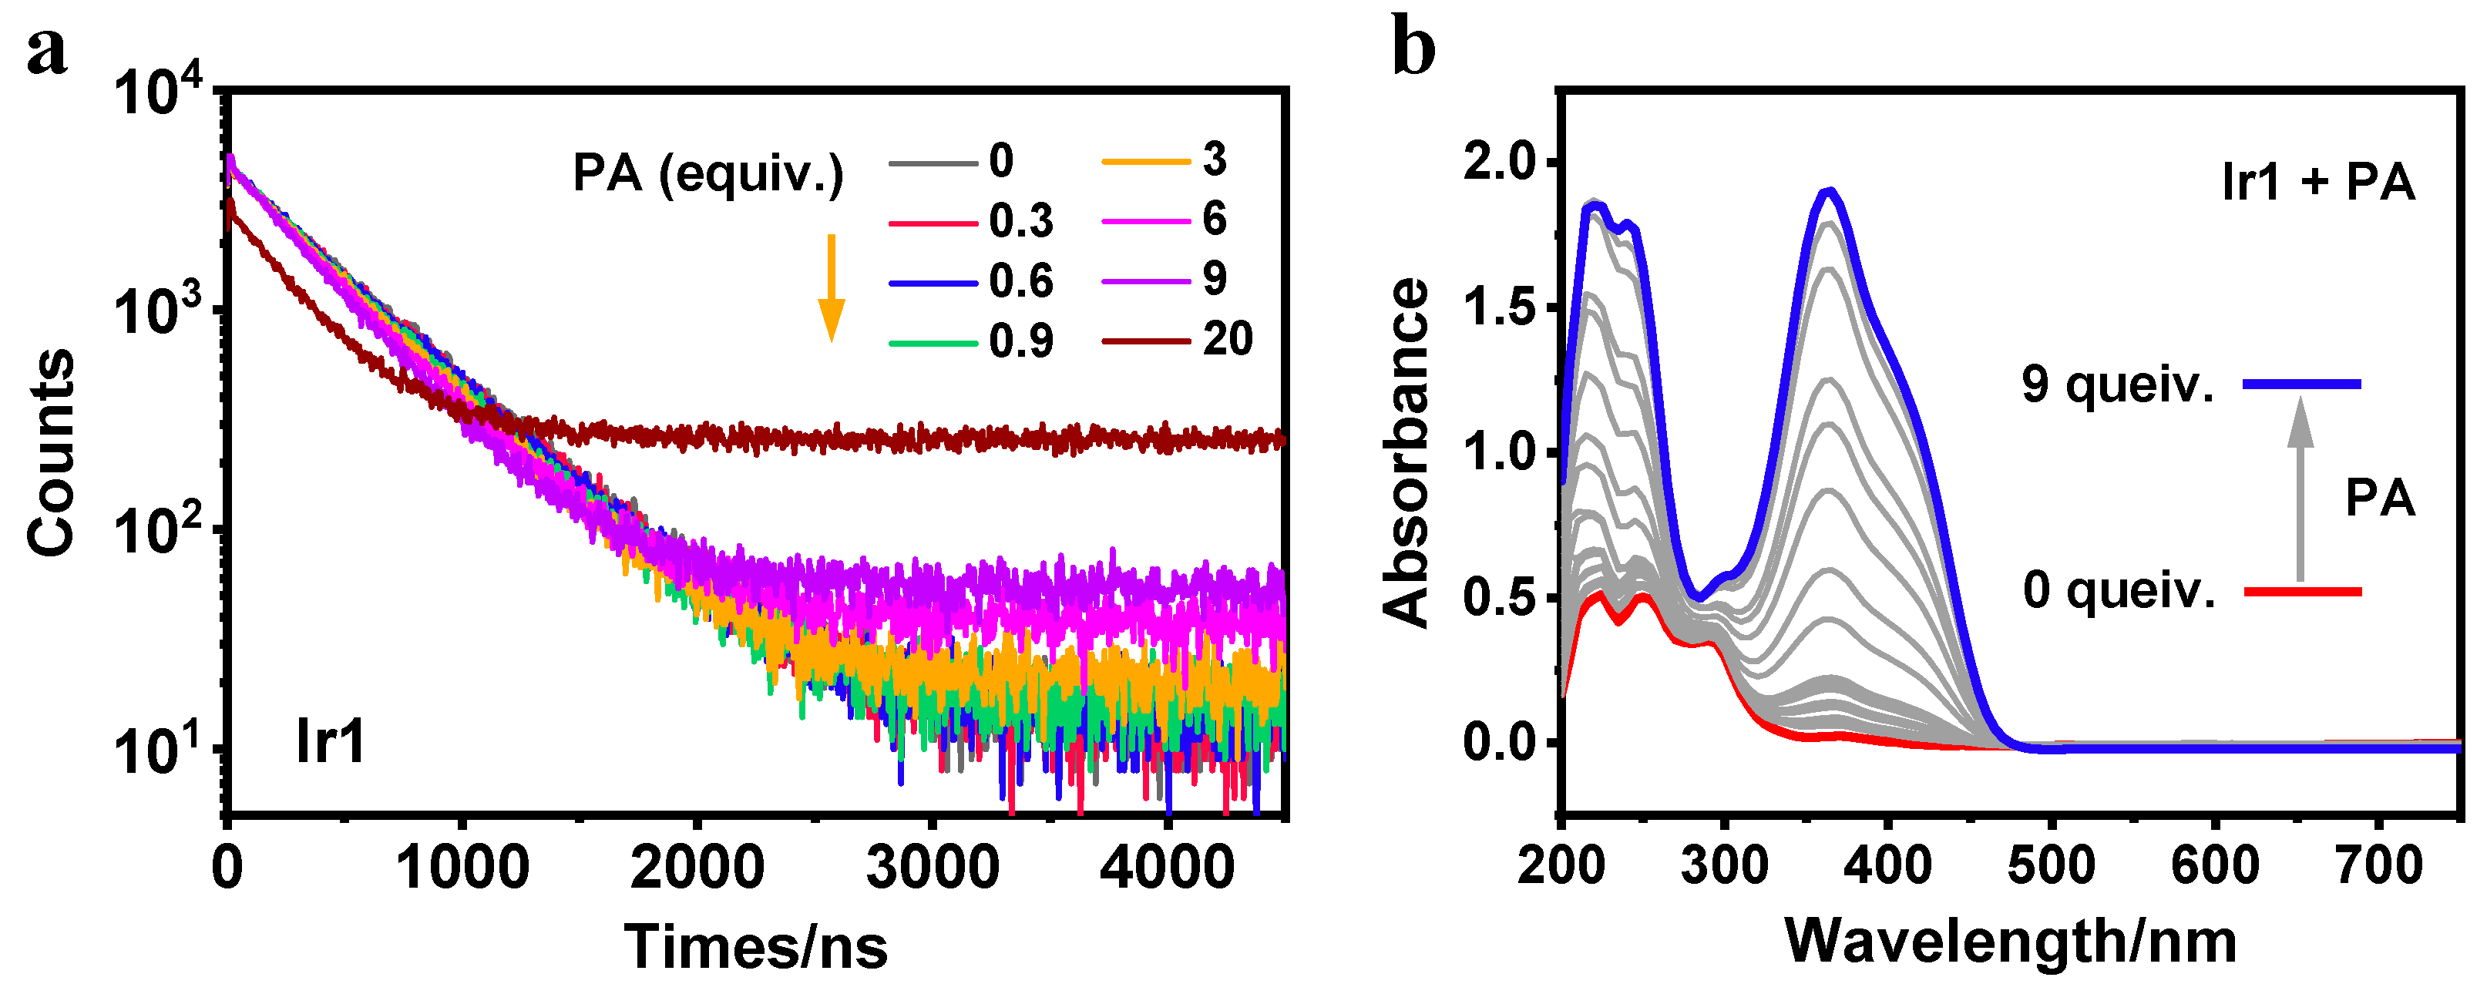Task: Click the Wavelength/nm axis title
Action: click(2010, 941)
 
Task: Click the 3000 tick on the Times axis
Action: click(932, 868)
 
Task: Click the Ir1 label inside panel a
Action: click(330, 742)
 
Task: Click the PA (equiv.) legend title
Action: click(707, 175)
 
